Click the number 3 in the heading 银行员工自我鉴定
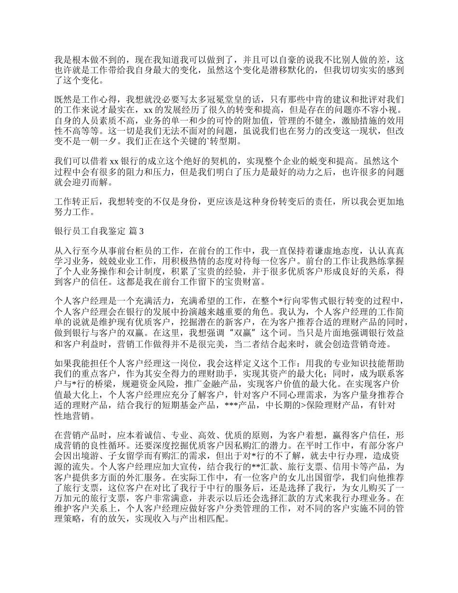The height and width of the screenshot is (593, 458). coord(141,231)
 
